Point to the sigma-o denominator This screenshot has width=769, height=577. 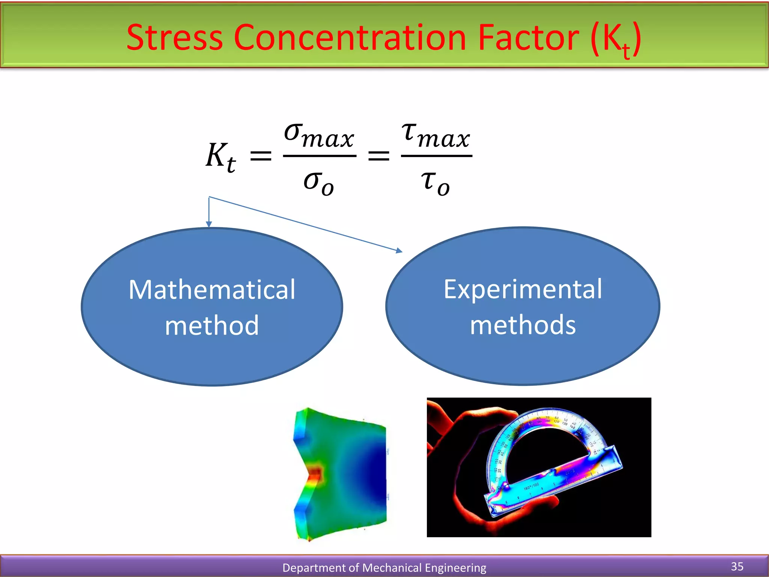click(x=318, y=182)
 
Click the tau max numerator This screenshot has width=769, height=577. click(x=436, y=135)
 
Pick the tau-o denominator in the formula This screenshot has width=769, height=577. click(x=435, y=182)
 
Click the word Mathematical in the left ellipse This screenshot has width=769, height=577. click(x=212, y=290)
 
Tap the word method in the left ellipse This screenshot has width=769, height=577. click(x=212, y=325)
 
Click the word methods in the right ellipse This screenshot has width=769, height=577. click(x=523, y=325)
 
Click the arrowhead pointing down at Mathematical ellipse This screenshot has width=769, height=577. click(x=209, y=224)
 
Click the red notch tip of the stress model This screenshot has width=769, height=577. click(x=315, y=474)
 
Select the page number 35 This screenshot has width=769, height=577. click(x=737, y=566)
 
